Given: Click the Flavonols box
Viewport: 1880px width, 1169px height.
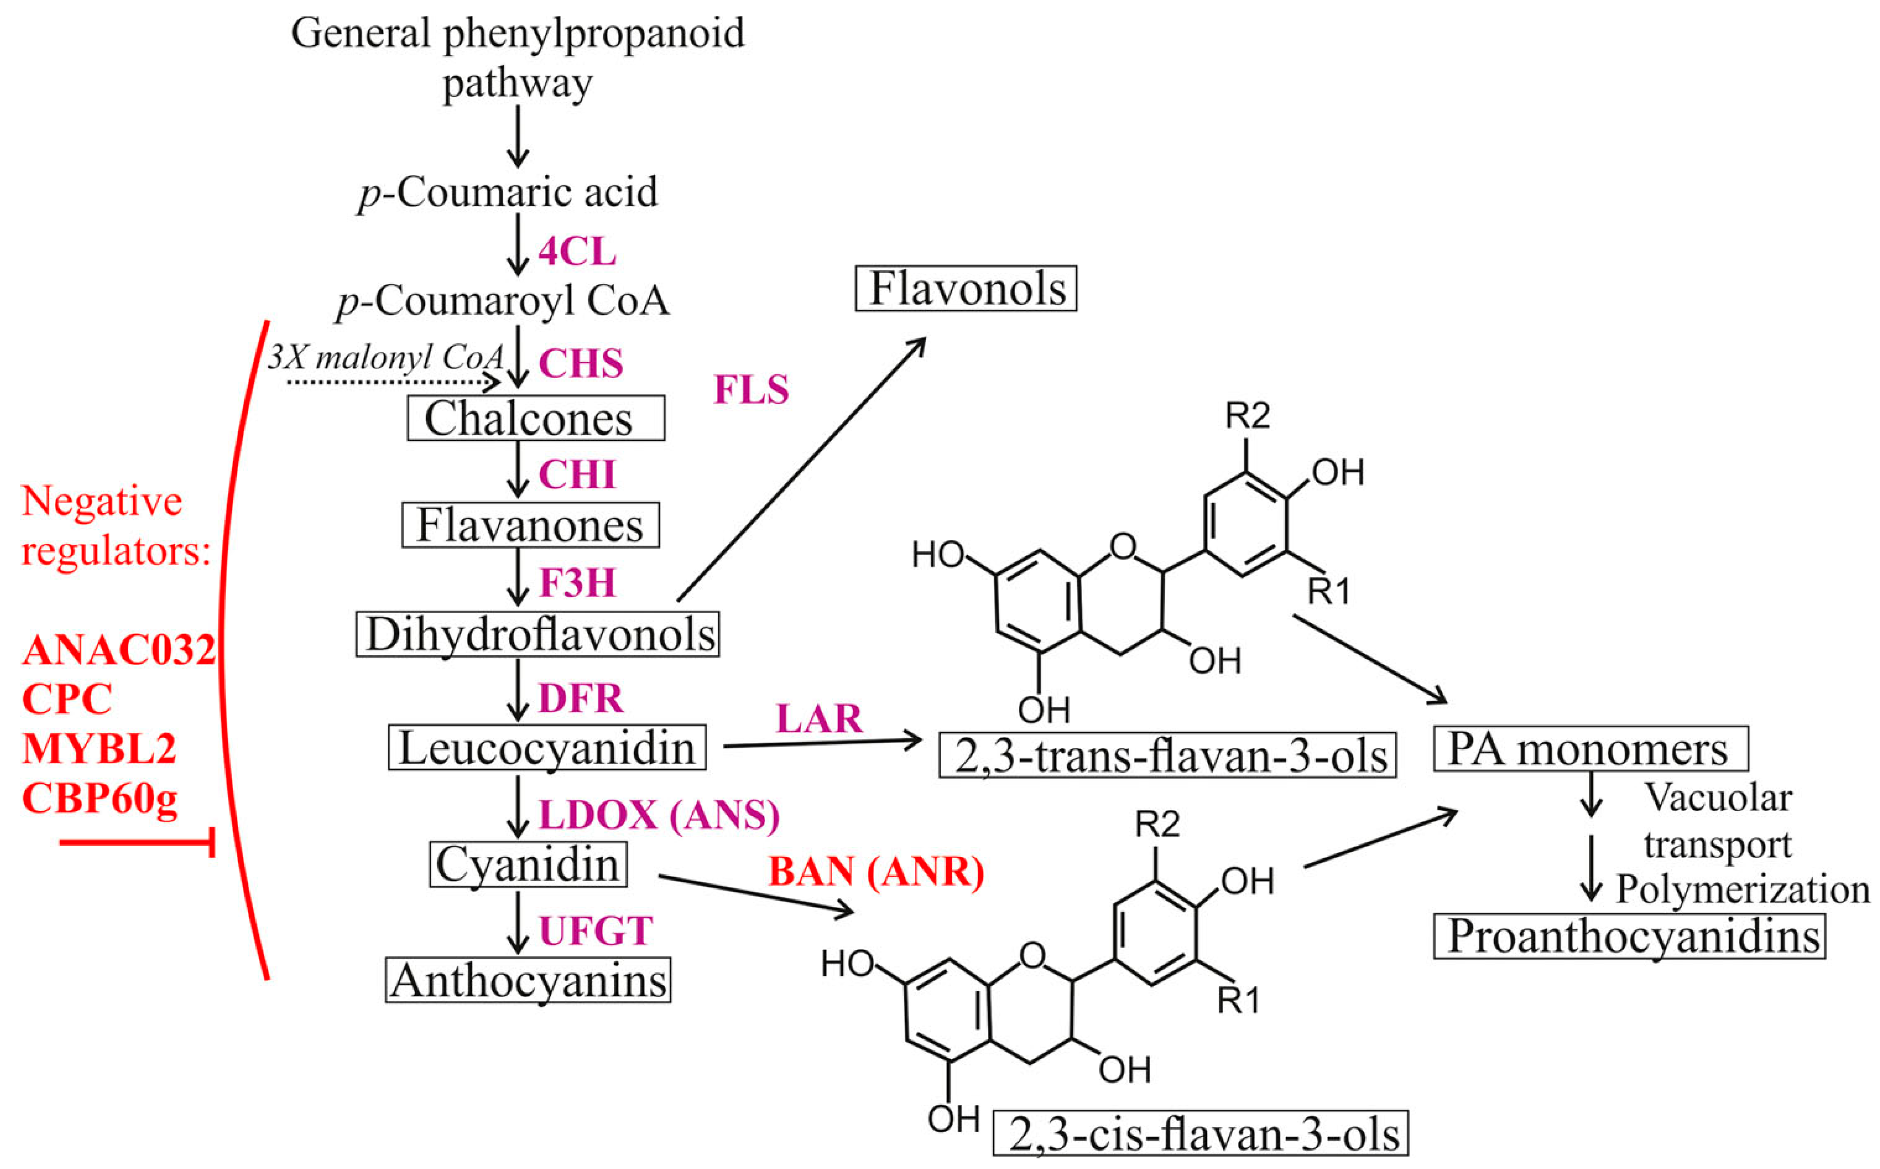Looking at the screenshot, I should click(x=965, y=289).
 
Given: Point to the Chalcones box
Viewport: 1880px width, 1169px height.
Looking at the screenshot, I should click(x=535, y=418).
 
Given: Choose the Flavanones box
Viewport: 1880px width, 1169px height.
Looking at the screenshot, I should click(x=530, y=525).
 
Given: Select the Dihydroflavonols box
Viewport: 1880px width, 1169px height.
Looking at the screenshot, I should click(x=538, y=635).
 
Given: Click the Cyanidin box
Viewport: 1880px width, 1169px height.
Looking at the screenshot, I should click(x=528, y=864).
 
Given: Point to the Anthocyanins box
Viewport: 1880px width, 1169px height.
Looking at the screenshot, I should click(x=528, y=980).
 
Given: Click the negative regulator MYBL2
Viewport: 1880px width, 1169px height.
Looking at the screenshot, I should click(x=99, y=747).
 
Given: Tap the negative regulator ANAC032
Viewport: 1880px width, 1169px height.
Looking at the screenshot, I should click(x=118, y=650).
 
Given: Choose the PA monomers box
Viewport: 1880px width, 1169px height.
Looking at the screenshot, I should click(x=1590, y=748).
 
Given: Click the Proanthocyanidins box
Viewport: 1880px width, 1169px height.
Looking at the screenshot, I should click(x=1629, y=936).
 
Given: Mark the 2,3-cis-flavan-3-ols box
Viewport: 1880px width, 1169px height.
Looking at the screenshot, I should click(x=1200, y=1134).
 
